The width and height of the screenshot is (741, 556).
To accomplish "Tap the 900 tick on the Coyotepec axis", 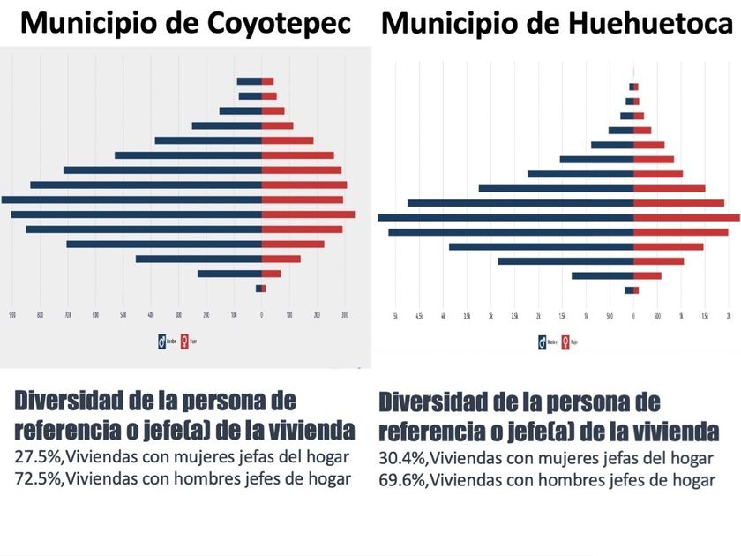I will pos(12,313).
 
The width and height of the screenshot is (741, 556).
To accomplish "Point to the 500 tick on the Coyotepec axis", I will pos(123,313).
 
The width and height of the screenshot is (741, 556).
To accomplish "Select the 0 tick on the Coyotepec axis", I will pos(261,313).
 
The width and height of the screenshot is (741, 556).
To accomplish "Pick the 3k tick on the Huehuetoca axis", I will pos(490,315).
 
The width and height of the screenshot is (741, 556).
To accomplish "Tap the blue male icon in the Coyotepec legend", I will pos(162,341).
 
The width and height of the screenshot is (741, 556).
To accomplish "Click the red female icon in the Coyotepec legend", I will pos(183,341).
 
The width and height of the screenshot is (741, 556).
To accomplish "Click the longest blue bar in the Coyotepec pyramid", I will pos(132,199).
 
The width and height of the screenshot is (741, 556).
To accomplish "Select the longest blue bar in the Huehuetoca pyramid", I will pos(505,217).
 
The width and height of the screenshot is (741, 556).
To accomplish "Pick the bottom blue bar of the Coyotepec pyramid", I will pos(258,289).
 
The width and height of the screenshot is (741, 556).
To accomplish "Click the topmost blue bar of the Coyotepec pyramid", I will pos(249,81).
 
